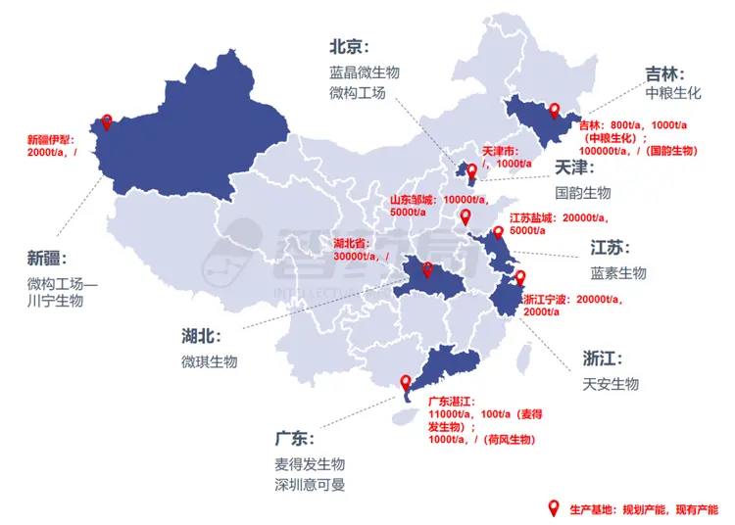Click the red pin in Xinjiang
coord(105,122)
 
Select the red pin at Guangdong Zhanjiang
coord(406,384)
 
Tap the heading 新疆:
coord(49,258)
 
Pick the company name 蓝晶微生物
coord(365,72)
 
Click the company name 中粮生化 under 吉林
coord(673,94)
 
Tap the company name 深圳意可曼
coord(310,485)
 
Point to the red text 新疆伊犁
coord(49,139)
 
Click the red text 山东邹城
coord(413,199)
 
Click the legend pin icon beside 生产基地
coord(554,508)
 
